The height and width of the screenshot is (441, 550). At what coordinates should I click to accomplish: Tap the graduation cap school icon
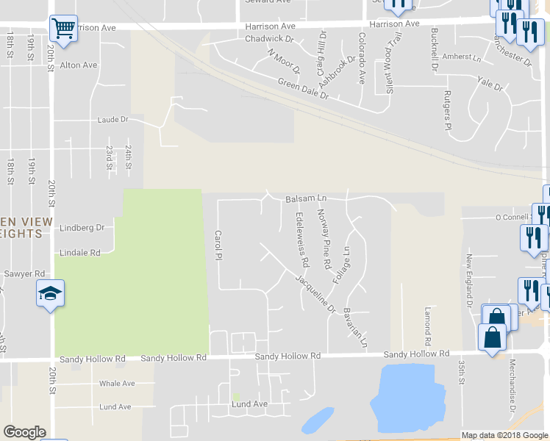point(51,294)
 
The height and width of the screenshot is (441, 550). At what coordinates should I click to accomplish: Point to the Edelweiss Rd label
point(301,240)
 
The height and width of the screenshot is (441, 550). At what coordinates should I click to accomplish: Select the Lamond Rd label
point(426,327)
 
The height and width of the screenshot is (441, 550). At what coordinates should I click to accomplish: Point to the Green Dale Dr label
point(303,90)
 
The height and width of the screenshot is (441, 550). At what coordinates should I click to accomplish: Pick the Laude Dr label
point(113,119)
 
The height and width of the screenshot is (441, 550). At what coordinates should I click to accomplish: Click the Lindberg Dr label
point(82,228)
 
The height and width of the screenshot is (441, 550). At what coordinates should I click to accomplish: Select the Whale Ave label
point(118,383)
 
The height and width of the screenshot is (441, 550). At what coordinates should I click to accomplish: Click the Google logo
point(24,432)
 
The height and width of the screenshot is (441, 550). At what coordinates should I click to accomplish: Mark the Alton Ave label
point(79,65)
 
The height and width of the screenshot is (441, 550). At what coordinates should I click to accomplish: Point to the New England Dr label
point(468,280)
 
